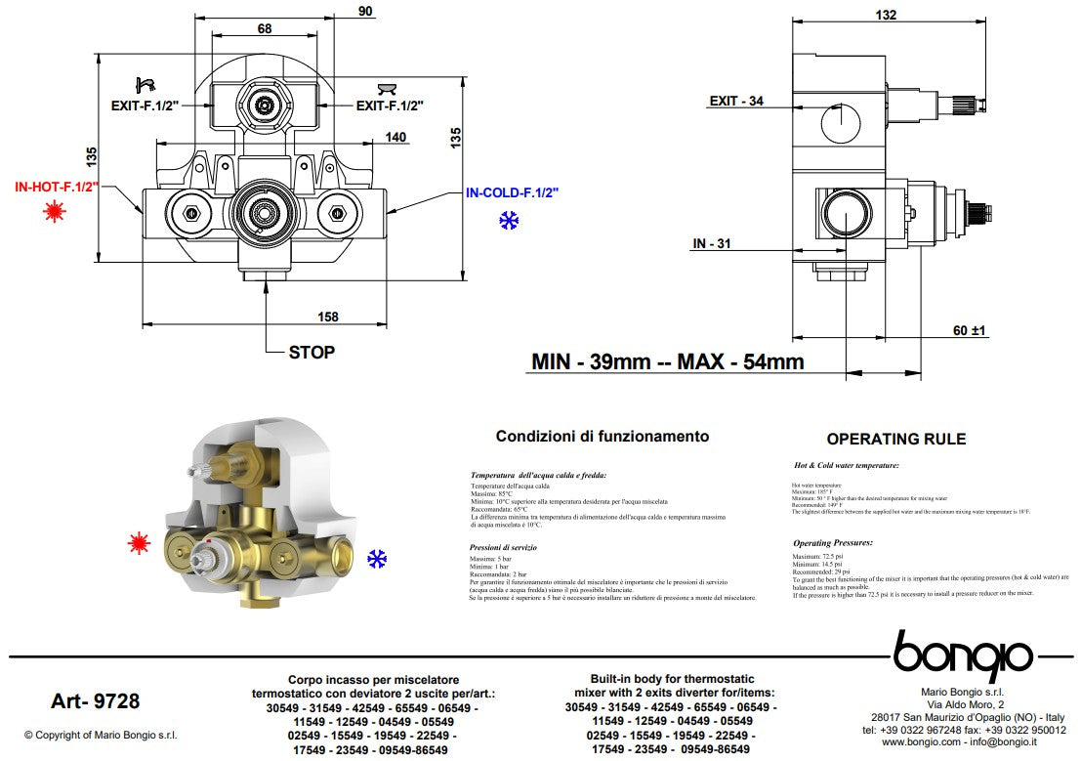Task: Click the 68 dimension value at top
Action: pos(264,28)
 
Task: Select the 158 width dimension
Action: pos(327,316)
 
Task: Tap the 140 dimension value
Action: pos(395,138)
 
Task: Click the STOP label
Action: pos(312,352)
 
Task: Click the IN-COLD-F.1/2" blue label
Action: pos(511,193)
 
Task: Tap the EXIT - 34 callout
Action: pos(736,101)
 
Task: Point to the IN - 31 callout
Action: pos(712,243)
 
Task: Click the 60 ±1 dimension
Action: pos(971,330)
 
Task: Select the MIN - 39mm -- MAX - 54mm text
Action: pos(667,361)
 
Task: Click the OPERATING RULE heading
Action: pos(895,439)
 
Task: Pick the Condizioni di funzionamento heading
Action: pos(603,437)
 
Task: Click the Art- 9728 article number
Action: pos(95,700)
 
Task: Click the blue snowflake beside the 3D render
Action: pos(377,559)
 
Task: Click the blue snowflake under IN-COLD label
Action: pos(509,222)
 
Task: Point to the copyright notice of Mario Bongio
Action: pos(101,735)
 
